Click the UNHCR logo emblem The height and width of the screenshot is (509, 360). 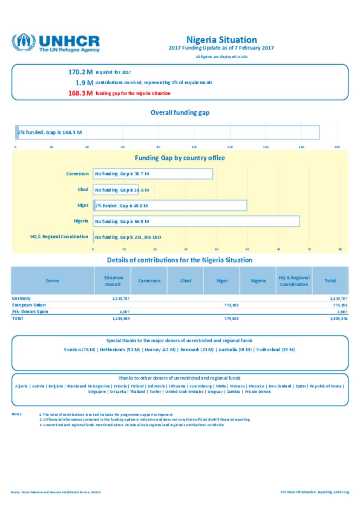pyautogui.click(x=24, y=42)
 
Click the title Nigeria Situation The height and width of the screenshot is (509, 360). pyautogui.click(x=221, y=40)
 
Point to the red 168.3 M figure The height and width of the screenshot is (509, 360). pyautogui.click(x=81, y=93)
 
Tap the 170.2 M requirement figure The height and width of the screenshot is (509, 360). pyautogui.click(x=81, y=72)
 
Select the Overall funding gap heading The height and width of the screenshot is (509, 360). pyautogui.click(x=180, y=113)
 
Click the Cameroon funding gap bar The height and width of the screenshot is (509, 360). pyautogui.click(x=153, y=174)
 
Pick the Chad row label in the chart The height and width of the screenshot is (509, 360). pyautogui.click(x=83, y=190)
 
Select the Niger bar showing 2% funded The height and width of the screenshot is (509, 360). pyautogui.click(x=170, y=205)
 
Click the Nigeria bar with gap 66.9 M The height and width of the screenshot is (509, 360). pyautogui.click(x=197, y=221)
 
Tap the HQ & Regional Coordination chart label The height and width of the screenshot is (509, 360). pyautogui.click(x=59, y=237)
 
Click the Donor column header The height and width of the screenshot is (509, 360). pyautogui.click(x=53, y=281)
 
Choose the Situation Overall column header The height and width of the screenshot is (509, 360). pyautogui.click(x=113, y=281)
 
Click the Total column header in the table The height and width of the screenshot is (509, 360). pyautogui.click(x=330, y=281)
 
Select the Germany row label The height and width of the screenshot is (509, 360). pyautogui.click(x=21, y=298)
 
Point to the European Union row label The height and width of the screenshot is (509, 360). pyautogui.click(x=29, y=305)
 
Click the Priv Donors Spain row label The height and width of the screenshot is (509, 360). pyautogui.click(x=30, y=312)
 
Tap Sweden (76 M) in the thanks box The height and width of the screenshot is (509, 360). pyautogui.click(x=79, y=350)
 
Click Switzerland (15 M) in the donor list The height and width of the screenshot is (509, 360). pyautogui.click(x=276, y=350)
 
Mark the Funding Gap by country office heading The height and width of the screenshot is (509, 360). pyautogui.click(x=180, y=158)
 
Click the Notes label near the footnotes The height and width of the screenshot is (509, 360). pyautogui.click(x=17, y=414)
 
